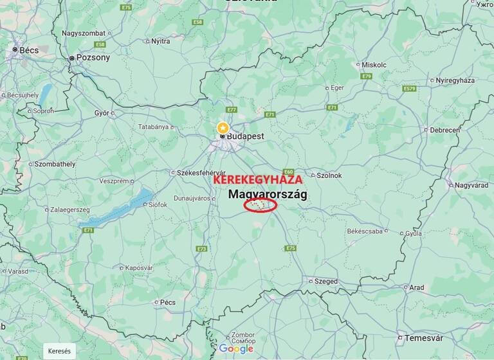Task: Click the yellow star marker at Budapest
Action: click(x=223, y=127)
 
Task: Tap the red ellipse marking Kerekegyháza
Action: click(x=261, y=205)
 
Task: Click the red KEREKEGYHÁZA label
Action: click(x=257, y=180)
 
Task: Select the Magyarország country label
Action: click(x=268, y=194)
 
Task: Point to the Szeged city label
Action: click(x=325, y=281)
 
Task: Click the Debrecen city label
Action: click(x=445, y=130)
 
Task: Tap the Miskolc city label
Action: click(x=374, y=65)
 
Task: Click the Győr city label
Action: click(x=102, y=113)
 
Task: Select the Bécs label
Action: click(x=29, y=50)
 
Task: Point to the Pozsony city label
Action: click(x=93, y=58)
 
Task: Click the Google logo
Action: click(x=236, y=348)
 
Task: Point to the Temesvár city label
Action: click(x=424, y=338)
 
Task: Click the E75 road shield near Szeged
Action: click(x=291, y=248)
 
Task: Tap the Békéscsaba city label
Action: click(x=365, y=230)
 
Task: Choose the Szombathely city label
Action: click(x=55, y=164)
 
